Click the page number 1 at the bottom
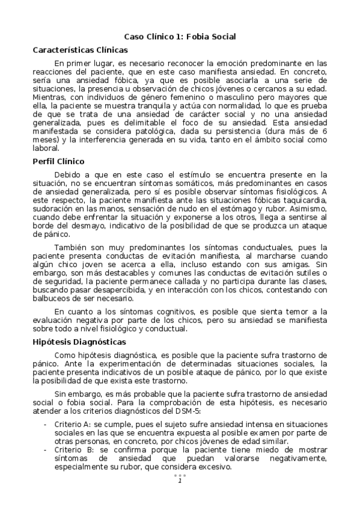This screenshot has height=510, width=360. pyautogui.click(x=179, y=480)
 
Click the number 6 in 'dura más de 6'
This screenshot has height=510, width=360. pyautogui.click(x=325, y=130)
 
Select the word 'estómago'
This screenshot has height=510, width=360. pyautogui.click(x=233, y=208)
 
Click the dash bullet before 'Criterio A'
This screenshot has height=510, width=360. pyautogui.click(x=46, y=425)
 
